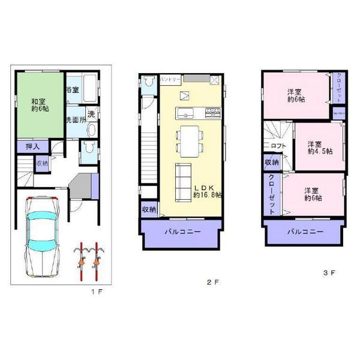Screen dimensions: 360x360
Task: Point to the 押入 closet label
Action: [x=32, y=146]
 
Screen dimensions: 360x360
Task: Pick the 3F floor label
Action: [x=328, y=273]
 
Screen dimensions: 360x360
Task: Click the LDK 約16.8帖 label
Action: [x=207, y=191]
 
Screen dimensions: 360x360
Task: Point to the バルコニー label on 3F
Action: [x=304, y=231]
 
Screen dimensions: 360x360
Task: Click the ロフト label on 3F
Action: [x=278, y=145]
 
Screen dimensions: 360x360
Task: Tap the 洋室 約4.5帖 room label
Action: [x=318, y=148]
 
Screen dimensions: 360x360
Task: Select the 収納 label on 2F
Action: [x=148, y=209]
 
